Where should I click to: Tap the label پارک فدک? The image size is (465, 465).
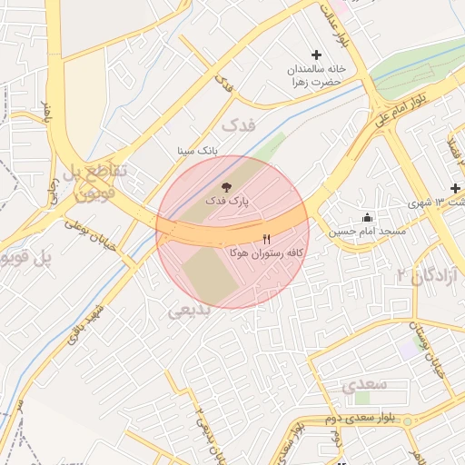(x=226, y=199)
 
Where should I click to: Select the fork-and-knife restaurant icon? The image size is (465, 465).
(x=267, y=239)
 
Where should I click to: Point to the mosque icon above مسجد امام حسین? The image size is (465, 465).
(x=367, y=218)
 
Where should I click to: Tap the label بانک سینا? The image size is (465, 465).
(x=198, y=151)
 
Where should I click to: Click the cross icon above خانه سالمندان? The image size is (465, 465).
(x=316, y=55)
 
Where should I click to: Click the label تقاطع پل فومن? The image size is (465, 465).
(x=94, y=180)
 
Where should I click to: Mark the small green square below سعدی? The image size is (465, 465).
(x=362, y=399)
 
